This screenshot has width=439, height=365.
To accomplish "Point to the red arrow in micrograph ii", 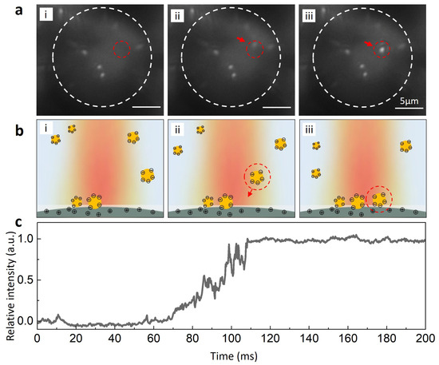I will pos(241,40).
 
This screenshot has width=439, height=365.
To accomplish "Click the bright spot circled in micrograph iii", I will pos(382,49).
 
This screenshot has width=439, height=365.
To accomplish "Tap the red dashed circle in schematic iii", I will pos(378,196).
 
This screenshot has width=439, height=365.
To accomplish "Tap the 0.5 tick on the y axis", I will pos(24,280).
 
